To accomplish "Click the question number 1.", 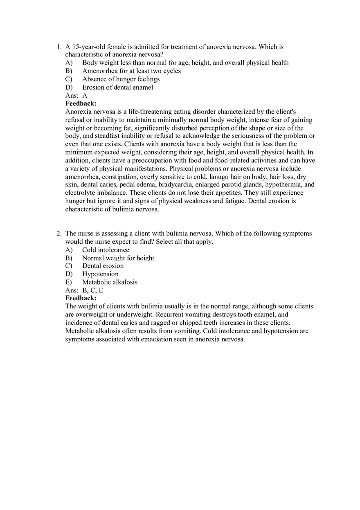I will [x=59, y=47].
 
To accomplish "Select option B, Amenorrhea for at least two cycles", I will [x=131, y=71].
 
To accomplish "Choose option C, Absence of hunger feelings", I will [x=121, y=79].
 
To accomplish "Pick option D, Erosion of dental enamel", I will [x=117, y=87].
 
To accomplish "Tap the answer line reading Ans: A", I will [x=76, y=95].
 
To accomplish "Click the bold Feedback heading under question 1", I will [x=81, y=103].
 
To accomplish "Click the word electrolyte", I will [x=81, y=193].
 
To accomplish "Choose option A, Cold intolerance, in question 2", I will [x=106, y=250].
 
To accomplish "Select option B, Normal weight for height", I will [x=118, y=258].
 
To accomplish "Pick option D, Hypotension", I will [x=100, y=274].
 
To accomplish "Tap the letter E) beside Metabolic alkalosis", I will [x=68, y=282].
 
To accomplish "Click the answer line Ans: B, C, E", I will [x=84, y=290].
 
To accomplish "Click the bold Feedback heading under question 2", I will [x=81, y=298].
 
